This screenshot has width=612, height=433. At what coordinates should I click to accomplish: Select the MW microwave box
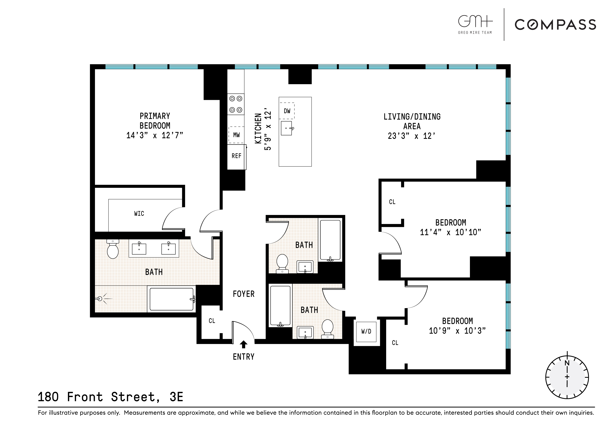click(236, 135)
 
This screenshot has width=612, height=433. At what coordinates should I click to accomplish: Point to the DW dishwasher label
click(287, 111)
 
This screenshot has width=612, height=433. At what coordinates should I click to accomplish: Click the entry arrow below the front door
click(243, 344)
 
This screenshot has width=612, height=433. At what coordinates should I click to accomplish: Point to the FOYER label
click(243, 294)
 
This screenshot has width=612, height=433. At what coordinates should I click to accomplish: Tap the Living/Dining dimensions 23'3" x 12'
click(412, 136)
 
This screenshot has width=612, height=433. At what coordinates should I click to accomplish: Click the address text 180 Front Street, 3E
click(110, 397)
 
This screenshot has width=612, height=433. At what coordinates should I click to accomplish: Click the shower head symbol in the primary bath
click(100, 299)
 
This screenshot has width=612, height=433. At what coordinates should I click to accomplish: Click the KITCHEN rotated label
click(258, 129)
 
